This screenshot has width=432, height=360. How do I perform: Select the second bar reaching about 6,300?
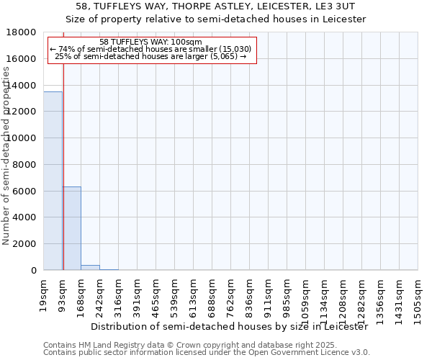point(71,228)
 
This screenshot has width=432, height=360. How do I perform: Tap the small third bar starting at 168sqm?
point(90,267)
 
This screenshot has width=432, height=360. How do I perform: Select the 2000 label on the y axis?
point(25,244)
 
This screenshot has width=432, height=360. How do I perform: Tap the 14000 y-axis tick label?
point(25,86)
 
